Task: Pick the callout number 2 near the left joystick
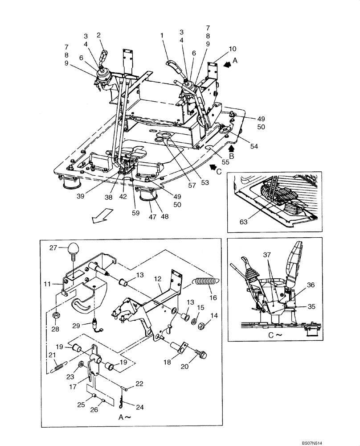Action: tap(99, 35)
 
